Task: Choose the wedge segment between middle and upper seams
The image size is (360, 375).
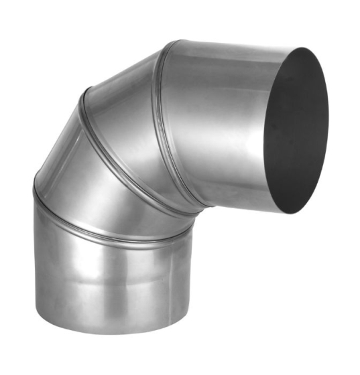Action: point(134,114)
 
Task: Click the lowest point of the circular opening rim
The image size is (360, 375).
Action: point(285,213)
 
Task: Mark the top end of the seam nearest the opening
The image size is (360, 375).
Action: point(178,42)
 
